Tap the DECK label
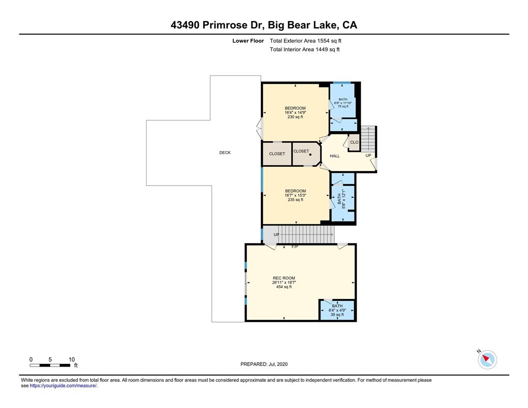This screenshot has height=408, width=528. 225,153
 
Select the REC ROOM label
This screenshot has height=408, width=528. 284,278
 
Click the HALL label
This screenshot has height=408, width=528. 335,156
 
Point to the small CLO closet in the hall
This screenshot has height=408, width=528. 354,143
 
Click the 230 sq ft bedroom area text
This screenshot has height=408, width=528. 295,117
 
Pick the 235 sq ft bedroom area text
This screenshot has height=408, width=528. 295,200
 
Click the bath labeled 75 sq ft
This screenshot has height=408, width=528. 343,107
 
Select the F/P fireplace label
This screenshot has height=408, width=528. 295,247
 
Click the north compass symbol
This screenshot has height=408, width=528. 488,359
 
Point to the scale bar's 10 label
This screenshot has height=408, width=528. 71,360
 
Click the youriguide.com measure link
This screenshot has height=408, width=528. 63,385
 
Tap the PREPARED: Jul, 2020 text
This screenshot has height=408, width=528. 264,364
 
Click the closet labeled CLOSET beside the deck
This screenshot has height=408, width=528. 277,154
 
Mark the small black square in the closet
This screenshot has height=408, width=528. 311,155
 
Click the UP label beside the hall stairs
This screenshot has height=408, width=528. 368,156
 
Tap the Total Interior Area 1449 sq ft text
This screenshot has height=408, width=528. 305,49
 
